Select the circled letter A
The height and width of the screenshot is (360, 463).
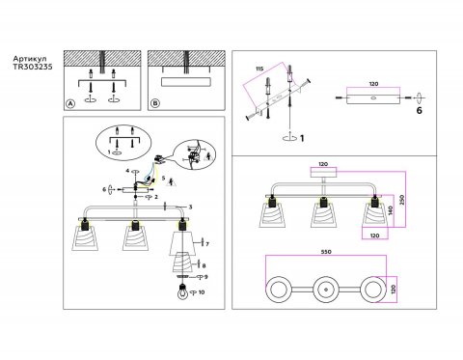69,103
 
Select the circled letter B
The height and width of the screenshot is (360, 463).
154,103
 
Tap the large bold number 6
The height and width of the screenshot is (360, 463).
420,112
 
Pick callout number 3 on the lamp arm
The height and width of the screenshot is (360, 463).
191,208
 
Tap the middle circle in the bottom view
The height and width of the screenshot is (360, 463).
324,290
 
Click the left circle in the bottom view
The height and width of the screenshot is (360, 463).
281,290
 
